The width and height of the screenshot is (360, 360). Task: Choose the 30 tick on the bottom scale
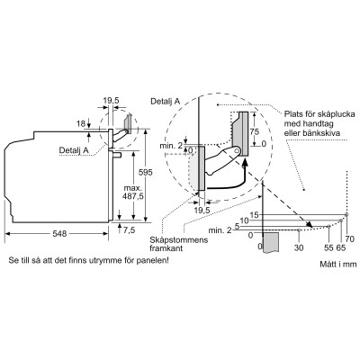click(x=299, y=246)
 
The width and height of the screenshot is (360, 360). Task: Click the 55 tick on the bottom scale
click(x=328, y=246)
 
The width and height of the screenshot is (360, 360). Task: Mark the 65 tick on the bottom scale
click(x=341, y=246)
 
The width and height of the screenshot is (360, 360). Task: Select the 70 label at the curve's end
click(x=350, y=234)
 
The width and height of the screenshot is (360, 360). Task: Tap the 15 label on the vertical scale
click(x=255, y=214)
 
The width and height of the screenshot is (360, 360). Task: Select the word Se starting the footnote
click(x=13, y=262)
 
